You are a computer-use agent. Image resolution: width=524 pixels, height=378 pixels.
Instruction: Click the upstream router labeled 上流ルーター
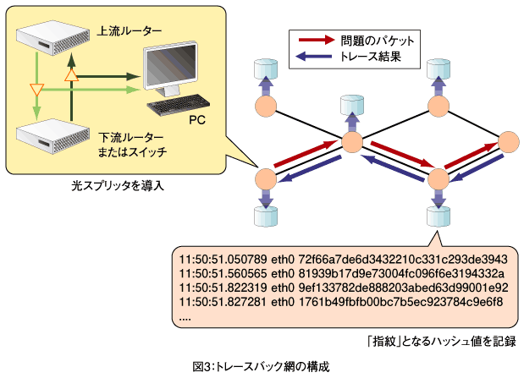(x=53, y=38)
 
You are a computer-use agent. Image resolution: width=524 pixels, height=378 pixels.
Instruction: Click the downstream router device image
(x=53, y=136)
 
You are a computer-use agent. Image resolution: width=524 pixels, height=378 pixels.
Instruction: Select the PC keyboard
(x=179, y=105)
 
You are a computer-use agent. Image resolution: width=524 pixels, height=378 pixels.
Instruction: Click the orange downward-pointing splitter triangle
(x=36, y=90)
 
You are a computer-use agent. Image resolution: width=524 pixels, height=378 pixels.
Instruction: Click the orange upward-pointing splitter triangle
(x=71, y=75)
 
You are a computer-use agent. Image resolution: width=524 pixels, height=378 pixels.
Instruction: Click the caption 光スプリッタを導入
(x=118, y=185)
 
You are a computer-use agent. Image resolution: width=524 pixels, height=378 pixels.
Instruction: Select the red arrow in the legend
(x=317, y=40)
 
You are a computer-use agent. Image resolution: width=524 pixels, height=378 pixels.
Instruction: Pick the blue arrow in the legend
(x=314, y=56)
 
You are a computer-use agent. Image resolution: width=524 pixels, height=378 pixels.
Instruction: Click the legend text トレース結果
(x=370, y=56)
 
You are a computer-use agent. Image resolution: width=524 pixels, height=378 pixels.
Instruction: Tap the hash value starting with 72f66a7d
(x=403, y=259)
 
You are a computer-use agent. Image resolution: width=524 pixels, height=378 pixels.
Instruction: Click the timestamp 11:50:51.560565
(x=223, y=273)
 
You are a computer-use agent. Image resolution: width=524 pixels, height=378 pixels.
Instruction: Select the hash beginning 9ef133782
(x=403, y=288)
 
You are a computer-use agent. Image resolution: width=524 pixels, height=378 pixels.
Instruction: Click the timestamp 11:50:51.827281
(x=223, y=302)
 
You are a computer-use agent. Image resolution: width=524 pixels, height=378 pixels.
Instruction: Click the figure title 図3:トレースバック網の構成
(x=261, y=366)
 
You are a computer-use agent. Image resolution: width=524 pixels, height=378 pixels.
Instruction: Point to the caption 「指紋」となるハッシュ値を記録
(x=441, y=342)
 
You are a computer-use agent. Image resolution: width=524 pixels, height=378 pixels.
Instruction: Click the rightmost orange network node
(x=509, y=142)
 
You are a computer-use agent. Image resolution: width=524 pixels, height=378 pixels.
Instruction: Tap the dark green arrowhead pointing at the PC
(x=135, y=76)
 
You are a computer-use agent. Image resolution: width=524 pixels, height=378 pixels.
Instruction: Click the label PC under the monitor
(x=197, y=120)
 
